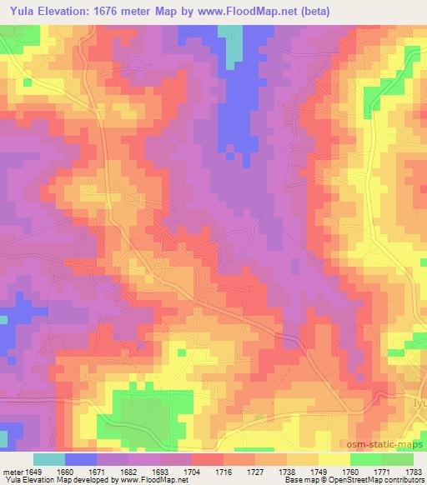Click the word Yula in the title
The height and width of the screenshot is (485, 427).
point(19,11)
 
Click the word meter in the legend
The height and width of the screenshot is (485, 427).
point(12,472)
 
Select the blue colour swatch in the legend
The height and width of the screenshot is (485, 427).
point(80,459)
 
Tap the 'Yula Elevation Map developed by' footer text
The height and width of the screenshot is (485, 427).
point(53,481)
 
